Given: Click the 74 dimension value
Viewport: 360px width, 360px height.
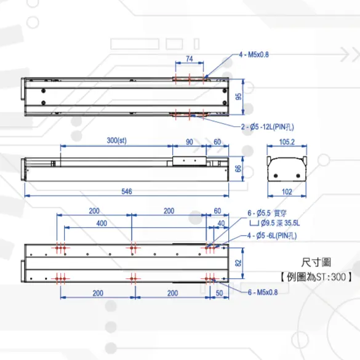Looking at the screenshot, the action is pos(189,59).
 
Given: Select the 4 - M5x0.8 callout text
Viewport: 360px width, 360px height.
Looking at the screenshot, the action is pos(254,55).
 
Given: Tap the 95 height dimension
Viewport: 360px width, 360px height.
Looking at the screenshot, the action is pos(239,97).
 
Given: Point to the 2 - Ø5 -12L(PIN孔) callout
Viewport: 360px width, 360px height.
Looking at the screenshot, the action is pos(268,127).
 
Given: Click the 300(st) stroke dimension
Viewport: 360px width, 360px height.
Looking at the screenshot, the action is pos(117,140).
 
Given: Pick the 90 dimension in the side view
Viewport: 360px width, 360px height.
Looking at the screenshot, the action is pos(189,142).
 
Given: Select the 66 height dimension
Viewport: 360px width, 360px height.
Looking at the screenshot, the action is pos(239,169).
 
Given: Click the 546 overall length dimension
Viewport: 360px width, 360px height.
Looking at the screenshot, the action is pos(127,191).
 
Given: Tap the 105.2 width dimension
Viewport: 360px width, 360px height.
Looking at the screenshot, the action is pos(287,142).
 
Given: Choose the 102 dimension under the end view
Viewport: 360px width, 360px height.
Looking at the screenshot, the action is pos(287,191).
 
